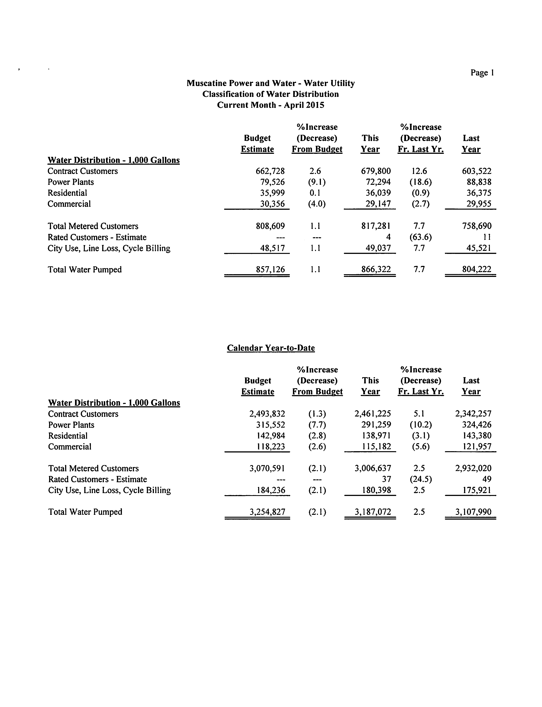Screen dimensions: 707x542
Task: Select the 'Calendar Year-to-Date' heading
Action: pyautogui.click(x=271, y=348)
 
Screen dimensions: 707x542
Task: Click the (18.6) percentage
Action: pyautogui.click(x=420, y=182)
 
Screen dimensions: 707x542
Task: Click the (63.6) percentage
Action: pyautogui.click(x=420, y=237)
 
